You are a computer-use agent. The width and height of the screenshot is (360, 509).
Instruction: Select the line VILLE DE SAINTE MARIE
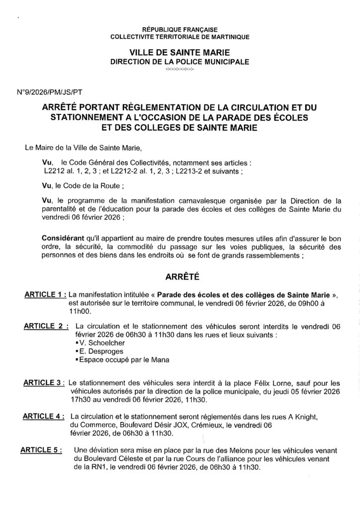(180, 53)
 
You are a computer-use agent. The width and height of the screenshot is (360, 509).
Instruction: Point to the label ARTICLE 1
(45, 294)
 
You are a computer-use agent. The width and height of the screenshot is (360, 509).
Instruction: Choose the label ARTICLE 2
(46, 326)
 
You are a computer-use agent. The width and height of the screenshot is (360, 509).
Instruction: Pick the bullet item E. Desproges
(95, 351)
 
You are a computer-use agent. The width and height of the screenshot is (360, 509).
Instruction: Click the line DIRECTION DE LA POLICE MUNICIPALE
(180, 61)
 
